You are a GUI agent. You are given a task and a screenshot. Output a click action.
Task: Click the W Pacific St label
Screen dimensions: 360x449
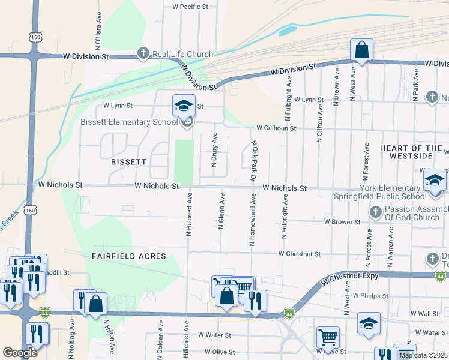tap(190, 7)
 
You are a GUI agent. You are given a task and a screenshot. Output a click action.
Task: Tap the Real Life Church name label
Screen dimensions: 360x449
tap(182, 54)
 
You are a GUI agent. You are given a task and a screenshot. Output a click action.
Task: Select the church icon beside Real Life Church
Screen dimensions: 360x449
tap(143, 54)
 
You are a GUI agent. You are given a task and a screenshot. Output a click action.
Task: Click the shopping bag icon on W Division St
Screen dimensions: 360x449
tap(362, 50)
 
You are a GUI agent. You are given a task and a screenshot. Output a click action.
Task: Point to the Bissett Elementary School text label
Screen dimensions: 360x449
tap(129, 122)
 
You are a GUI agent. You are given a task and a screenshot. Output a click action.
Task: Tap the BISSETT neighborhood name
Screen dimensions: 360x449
tap(128, 162)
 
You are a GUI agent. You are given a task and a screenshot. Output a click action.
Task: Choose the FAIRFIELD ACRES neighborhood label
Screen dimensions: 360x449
tap(128, 256)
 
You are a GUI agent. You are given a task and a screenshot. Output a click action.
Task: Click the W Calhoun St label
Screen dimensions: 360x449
tap(276, 128)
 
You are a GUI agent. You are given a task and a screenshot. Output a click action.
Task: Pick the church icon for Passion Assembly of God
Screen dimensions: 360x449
tap(375, 212)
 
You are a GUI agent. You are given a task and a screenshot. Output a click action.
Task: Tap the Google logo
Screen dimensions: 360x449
tap(20, 353)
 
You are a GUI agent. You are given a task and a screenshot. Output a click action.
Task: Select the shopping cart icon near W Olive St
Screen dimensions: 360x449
tap(328, 337)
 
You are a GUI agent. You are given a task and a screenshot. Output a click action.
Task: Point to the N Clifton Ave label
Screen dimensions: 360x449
tap(319, 124)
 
